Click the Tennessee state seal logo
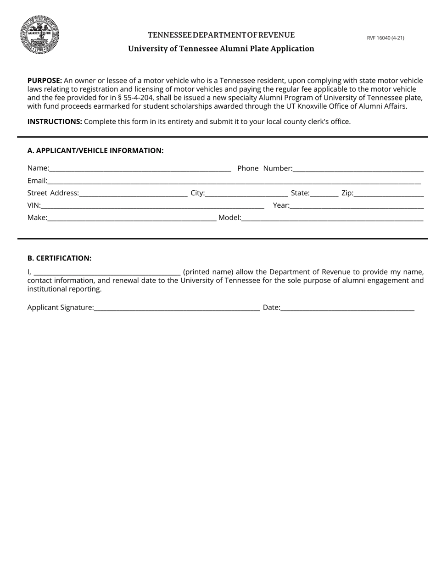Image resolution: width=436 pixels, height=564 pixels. (39, 35)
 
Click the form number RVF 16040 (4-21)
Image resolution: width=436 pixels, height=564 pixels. (385, 38)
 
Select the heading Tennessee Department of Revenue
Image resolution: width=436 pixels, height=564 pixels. (221, 35)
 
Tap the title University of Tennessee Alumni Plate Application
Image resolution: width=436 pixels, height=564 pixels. (221, 49)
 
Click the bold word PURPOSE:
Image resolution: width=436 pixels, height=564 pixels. (45, 80)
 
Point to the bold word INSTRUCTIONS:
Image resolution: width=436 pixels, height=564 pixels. (55, 122)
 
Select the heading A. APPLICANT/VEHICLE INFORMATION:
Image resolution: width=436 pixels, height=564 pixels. (95, 150)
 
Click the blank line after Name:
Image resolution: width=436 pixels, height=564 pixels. (140, 169)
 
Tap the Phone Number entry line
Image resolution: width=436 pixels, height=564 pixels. (358, 169)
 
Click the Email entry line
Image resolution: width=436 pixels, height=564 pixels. (234, 181)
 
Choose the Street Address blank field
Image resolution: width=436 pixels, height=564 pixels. (133, 194)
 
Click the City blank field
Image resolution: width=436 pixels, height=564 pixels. (246, 194)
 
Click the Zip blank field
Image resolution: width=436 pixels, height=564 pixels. (389, 194)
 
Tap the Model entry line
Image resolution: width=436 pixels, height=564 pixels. (332, 218)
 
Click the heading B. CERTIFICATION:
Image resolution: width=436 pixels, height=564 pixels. (59, 258)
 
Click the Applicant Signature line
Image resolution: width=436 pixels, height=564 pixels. (177, 308)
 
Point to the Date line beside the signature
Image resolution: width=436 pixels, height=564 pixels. (347, 308)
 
